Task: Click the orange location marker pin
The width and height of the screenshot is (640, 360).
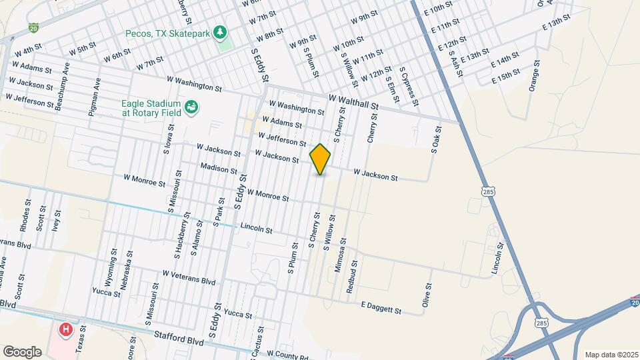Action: [321, 159]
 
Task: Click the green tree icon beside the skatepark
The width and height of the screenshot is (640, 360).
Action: [224, 32]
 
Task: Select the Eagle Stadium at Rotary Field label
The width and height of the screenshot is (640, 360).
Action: [151, 108]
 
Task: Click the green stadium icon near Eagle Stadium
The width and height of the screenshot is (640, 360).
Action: [191, 107]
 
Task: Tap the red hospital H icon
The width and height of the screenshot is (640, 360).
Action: [65, 329]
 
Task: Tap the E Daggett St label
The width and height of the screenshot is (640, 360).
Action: [381, 307]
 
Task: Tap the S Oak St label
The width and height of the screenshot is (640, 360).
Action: [437, 140]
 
